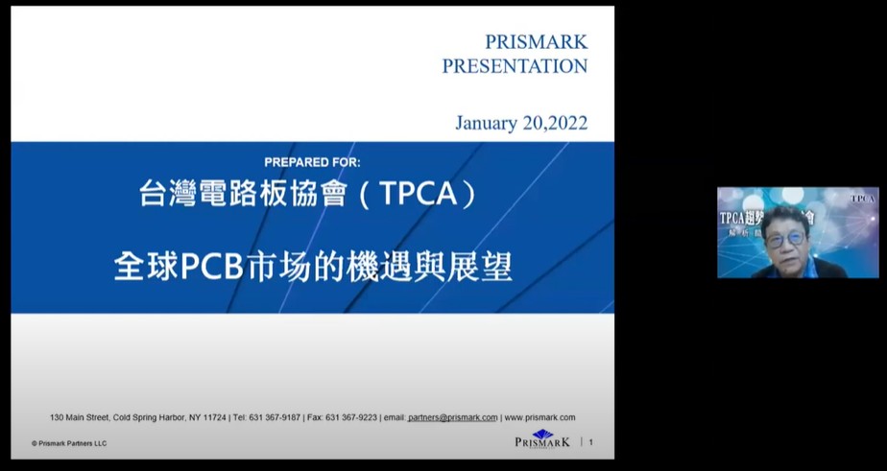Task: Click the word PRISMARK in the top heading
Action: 536,42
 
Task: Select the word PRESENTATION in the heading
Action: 515,66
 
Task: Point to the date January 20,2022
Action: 521,124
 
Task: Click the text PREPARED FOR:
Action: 312,162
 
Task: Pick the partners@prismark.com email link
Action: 452,417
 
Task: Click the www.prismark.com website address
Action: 540,417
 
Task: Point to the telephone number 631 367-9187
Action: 277,417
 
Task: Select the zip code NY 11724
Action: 207,417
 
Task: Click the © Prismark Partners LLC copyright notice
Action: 69,443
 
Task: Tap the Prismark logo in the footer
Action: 542,440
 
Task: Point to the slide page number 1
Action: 591,442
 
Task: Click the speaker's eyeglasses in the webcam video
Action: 784,237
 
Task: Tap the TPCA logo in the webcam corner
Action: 863,199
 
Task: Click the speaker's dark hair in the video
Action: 785,216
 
